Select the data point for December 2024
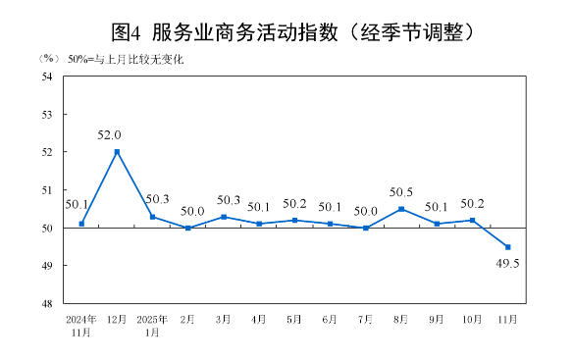pyautogui.click(x=117, y=152)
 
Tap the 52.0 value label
pyautogui.click(x=109, y=135)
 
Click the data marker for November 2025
pyautogui.click(x=507, y=247)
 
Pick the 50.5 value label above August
pyautogui.click(x=402, y=192)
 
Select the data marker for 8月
pyautogui.click(x=401, y=209)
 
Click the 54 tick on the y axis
pyautogui.click(x=47, y=77)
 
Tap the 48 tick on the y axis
pyautogui.click(x=47, y=304)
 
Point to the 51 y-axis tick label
pyautogui.click(x=47, y=190)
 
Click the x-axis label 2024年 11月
pyautogui.click(x=80, y=326)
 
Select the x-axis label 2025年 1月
pyautogui.click(x=152, y=326)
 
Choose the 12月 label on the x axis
pyautogui.click(x=117, y=320)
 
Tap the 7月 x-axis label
pyautogui.click(x=365, y=320)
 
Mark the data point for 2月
pyautogui.click(x=187, y=228)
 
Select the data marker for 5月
pyautogui.click(x=294, y=220)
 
